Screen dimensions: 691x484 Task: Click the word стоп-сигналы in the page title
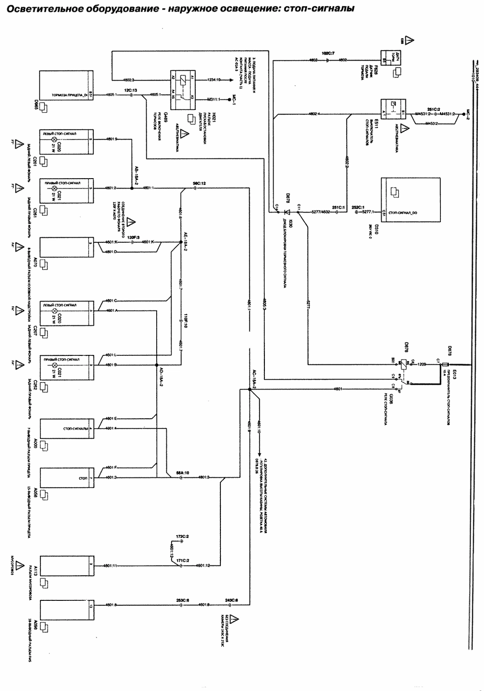[x=319, y=9]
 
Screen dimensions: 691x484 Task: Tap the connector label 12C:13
[x=130, y=91]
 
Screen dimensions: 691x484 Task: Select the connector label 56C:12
[x=199, y=184]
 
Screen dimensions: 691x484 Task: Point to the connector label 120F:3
[x=133, y=237]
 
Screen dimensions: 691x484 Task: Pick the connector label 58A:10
[x=182, y=473]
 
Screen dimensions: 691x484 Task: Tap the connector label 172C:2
[x=182, y=537]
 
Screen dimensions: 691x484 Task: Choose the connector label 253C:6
[x=182, y=600]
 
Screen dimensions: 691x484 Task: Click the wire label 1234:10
[x=214, y=80]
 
